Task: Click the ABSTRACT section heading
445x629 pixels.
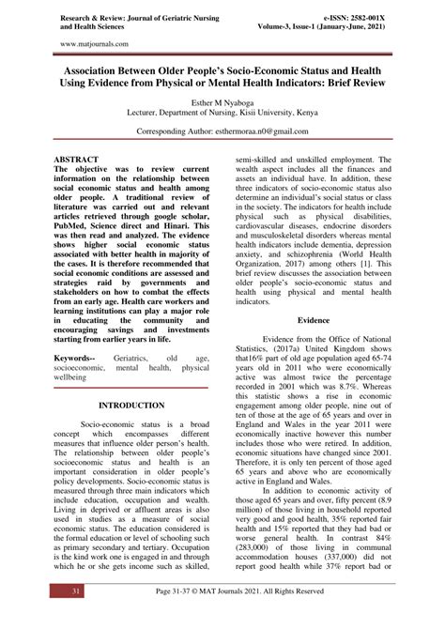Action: [76, 161]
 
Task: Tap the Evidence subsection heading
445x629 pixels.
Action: [315, 320]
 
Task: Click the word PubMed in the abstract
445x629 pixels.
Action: [76, 226]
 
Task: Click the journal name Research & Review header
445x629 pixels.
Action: [122, 17]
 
